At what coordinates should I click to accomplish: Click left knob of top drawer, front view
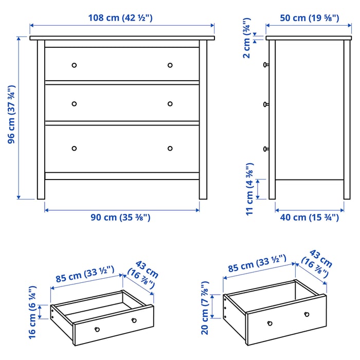coord(74,65)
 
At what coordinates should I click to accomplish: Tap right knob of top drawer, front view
coord(170,65)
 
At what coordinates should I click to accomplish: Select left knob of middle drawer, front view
coord(74,104)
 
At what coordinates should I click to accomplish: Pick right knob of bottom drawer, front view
coord(170,149)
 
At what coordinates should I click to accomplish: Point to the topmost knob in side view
coord(266,65)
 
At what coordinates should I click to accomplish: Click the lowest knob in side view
coord(266,149)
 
